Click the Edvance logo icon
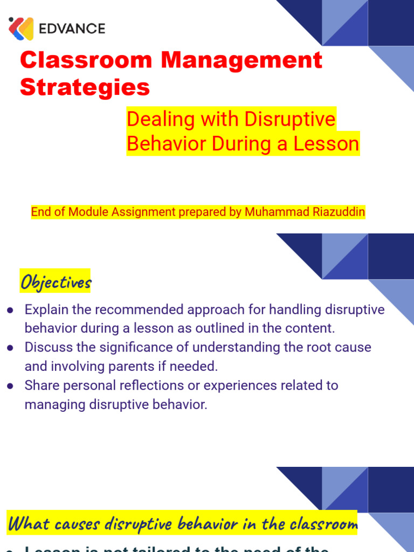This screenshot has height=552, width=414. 21,29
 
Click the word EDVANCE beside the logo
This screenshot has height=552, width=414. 72,29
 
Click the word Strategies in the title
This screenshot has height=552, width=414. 85,87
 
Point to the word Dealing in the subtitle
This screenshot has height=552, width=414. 156,119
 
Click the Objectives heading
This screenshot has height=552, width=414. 56,281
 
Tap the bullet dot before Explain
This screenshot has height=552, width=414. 10,310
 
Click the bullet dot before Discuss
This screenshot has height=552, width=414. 10,348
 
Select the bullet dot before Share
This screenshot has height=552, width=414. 10,385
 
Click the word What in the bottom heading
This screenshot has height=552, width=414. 27,523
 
